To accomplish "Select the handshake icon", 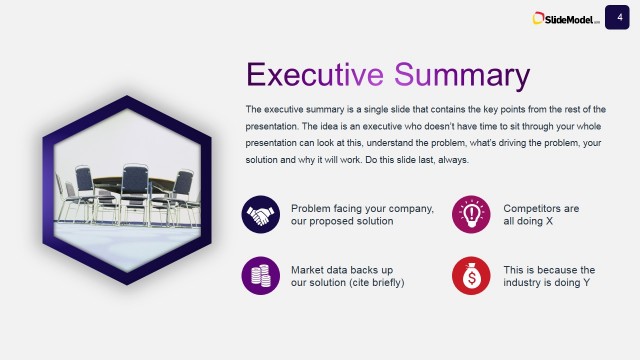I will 260,214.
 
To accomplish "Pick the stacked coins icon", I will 260,276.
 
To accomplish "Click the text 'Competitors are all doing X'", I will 541,214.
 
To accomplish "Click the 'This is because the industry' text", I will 549,276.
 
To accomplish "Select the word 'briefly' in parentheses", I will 383,283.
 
